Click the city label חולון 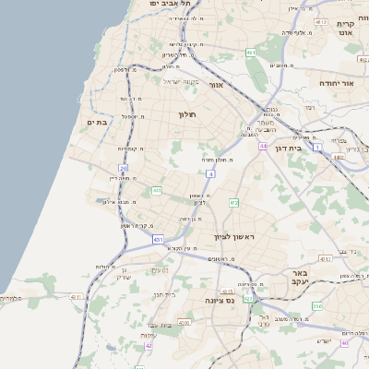point(188,114)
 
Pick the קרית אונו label point(347,28)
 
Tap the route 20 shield point(124,167)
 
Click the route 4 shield point(211,173)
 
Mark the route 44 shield point(263,146)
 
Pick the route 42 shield point(149,345)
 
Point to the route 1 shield point(317,148)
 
